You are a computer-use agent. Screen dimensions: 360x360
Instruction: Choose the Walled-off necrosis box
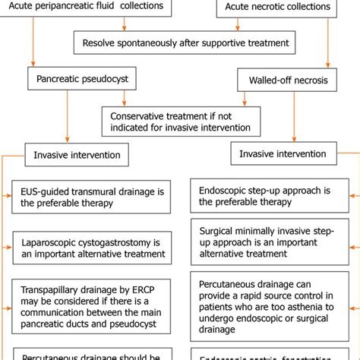pyautogui.click(x=282, y=80)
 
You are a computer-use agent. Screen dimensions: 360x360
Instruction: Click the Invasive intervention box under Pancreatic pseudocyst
pyautogui.click(x=76, y=154)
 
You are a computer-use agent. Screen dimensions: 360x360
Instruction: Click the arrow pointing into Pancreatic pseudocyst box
pyautogui.click(x=31, y=64)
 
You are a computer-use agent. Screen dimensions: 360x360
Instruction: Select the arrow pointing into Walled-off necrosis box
pyautogui.click(x=328, y=66)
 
